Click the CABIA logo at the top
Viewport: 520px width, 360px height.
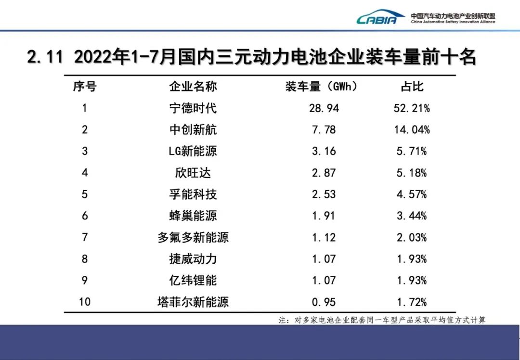tap(380, 18)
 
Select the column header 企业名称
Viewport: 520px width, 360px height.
tap(193, 87)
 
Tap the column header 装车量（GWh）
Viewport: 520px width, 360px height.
tap(321, 87)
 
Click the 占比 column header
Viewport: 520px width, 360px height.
tap(412, 87)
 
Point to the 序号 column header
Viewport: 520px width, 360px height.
tap(85, 87)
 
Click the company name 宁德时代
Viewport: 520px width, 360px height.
tap(193, 108)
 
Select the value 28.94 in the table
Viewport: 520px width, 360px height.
tap(324, 108)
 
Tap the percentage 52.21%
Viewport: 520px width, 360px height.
tap(412, 108)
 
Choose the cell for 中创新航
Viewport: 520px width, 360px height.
tap(193, 130)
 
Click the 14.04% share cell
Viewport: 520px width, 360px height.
tap(412, 130)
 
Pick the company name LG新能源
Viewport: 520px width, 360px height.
tap(193, 151)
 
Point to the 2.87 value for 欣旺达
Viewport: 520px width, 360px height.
tap(324, 173)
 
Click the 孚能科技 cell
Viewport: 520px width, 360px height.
tap(193, 194)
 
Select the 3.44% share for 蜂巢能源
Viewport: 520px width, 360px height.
tap(412, 216)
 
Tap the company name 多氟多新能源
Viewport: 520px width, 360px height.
tap(193, 237)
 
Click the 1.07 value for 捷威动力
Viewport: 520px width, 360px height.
tap(324, 259)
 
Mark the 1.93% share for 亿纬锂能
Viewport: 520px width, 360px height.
tap(412, 280)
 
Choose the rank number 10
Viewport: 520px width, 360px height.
tap(85, 302)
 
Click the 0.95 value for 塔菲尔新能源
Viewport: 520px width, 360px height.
tap(324, 302)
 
